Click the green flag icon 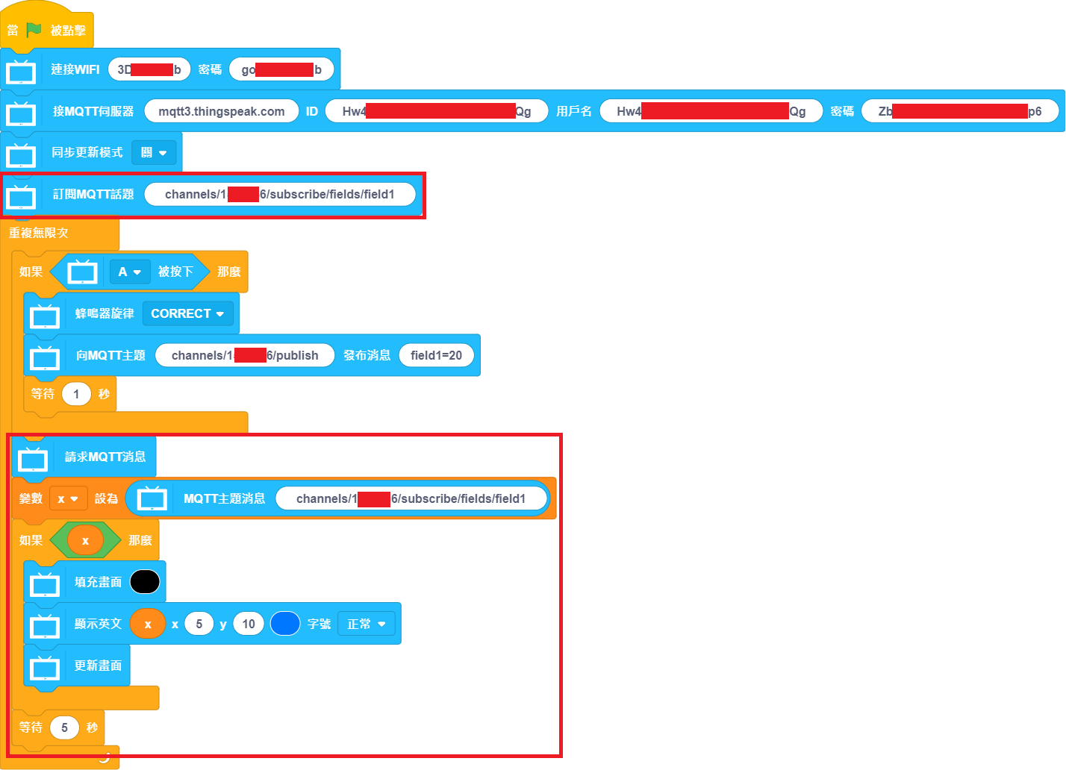click(x=34, y=30)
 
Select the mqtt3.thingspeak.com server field click(x=221, y=111)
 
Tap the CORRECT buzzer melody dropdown click(x=187, y=313)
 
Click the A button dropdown click(x=129, y=272)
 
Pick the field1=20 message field click(x=436, y=355)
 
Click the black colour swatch click(x=145, y=582)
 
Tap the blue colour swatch click(x=284, y=624)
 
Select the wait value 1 click(x=76, y=394)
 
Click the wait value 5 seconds click(x=64, y=727)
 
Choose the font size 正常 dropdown click(x=366, y=624)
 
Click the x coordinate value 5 click(x=199, y=624)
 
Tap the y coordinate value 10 click(x=249, y=624)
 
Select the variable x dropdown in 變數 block click(x=68, y=498)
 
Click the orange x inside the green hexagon click(x=85, y=540)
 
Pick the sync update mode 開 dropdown click(x=154, y=152)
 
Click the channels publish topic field click(x=245, y=355)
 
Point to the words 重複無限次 click(x=39, y=233)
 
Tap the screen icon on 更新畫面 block click(x=45, y=667)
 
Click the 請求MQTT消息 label click(x=105, y=457)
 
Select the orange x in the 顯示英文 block click(x=148, y=624)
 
